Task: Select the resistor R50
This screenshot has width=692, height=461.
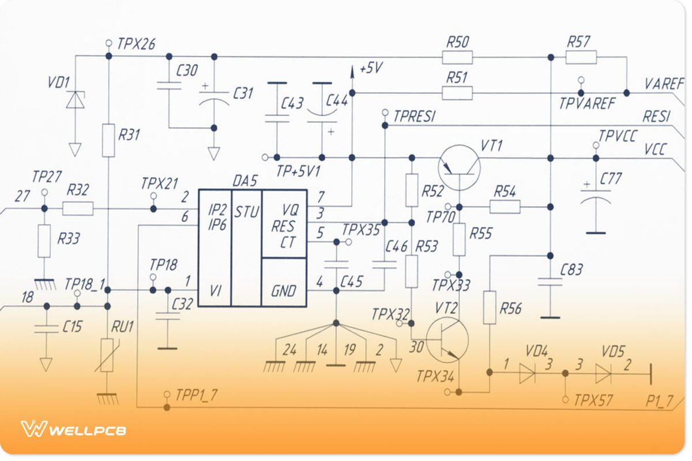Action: point(457,57)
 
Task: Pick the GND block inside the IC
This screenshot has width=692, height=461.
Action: point(283,290)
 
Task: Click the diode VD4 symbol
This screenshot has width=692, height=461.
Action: point(527,373)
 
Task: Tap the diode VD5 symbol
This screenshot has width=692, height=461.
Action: point(603,373)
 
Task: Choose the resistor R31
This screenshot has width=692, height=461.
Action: point(108,140)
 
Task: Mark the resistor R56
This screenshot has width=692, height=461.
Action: point(489,308)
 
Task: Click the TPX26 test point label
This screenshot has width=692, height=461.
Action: point(136,43)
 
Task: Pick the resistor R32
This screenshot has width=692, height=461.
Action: point(78,208)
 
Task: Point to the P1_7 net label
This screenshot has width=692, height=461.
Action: point(657,401)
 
